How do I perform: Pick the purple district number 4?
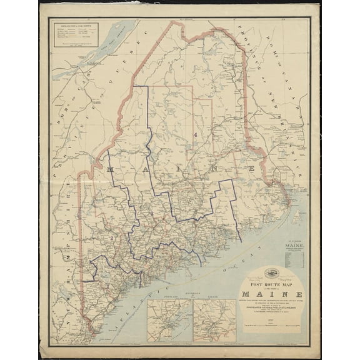(196, 134)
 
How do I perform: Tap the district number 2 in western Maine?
(112, 237)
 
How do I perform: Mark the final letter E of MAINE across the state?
(251, 169)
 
